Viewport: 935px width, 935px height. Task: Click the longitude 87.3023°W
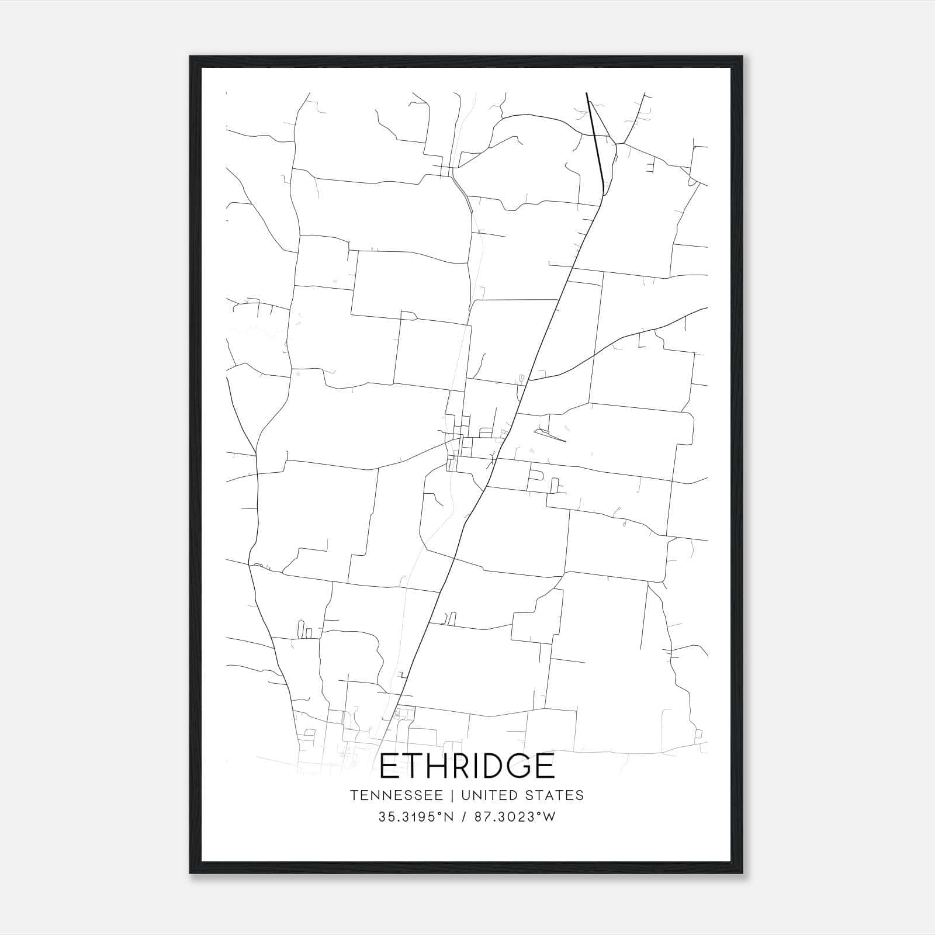514,817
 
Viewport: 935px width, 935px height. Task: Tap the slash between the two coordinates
463,817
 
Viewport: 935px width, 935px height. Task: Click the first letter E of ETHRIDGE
390,766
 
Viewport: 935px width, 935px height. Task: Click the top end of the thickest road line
587,93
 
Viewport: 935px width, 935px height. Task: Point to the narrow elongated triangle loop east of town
549,435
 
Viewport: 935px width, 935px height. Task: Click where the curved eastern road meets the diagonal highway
528,380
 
